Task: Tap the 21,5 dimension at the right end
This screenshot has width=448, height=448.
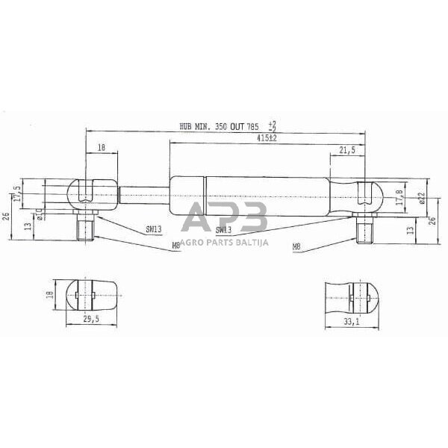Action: (346, 150)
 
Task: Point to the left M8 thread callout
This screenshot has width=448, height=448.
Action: (175, 244)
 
